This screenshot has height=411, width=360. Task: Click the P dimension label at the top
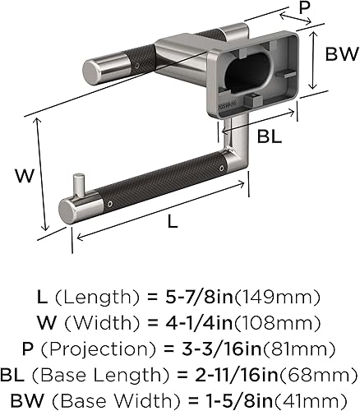click(304, 7)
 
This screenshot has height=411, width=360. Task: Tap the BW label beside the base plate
click(342, 54)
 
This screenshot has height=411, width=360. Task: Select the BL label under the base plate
click(270, 136)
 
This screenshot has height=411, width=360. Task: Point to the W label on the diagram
click(25, 176)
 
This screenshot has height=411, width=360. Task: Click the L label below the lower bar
click(173, 221)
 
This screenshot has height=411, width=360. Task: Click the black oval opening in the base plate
click(249, 72)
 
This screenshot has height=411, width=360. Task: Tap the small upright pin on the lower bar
click(79, 185)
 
